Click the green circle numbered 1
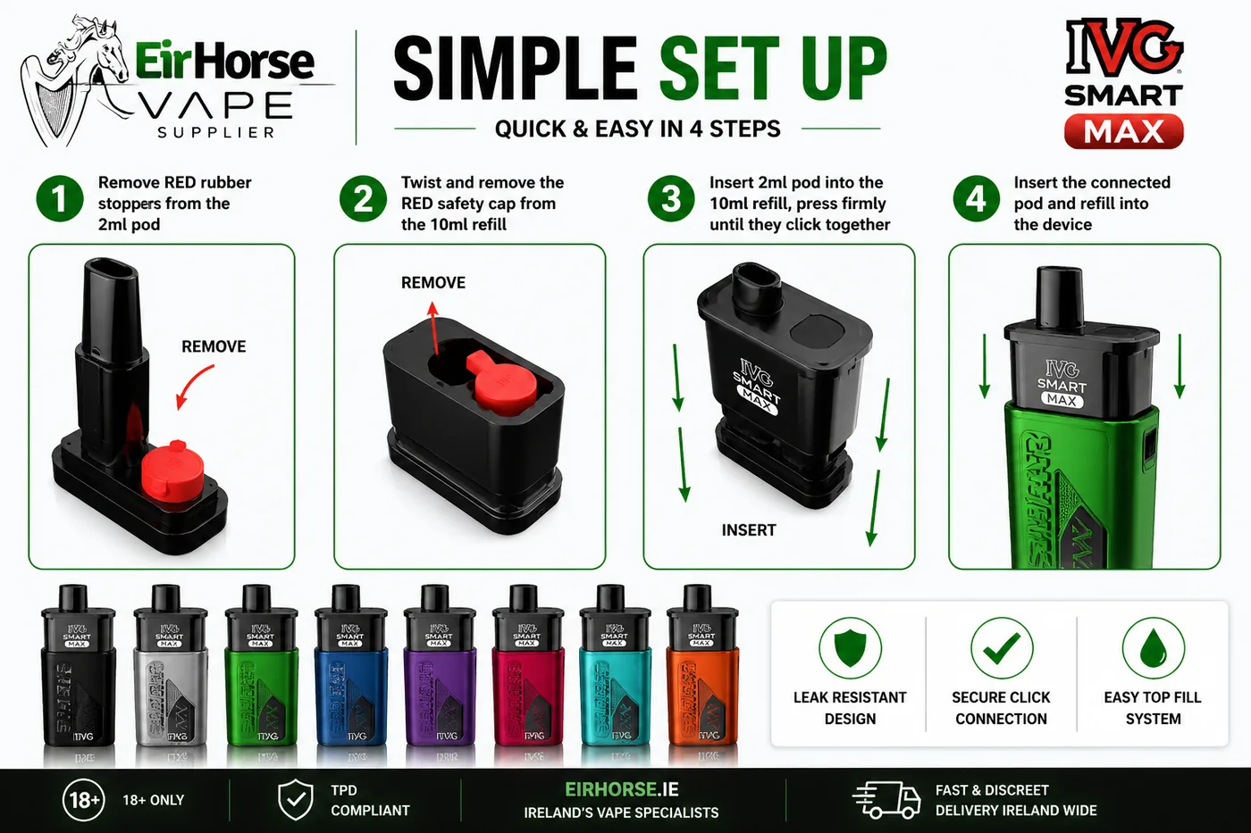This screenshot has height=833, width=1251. point(59,199)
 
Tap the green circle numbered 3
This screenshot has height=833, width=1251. point(670,199)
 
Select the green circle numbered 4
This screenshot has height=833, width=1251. point(976,199)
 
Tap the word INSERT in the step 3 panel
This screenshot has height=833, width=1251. point(748,530)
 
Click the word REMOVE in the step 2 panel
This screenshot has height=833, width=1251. point(432,283)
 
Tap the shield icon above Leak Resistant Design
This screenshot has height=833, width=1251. point(850,647)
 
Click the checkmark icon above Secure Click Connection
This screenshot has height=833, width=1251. point(1001,647)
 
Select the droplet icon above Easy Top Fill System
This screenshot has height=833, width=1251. point(1153,647)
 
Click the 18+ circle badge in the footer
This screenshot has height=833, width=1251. point(84,800)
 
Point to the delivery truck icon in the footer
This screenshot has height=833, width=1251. point(886,800)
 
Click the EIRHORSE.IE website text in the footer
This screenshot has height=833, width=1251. point(621,790)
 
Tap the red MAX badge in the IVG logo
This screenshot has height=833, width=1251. point(1123,132)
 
